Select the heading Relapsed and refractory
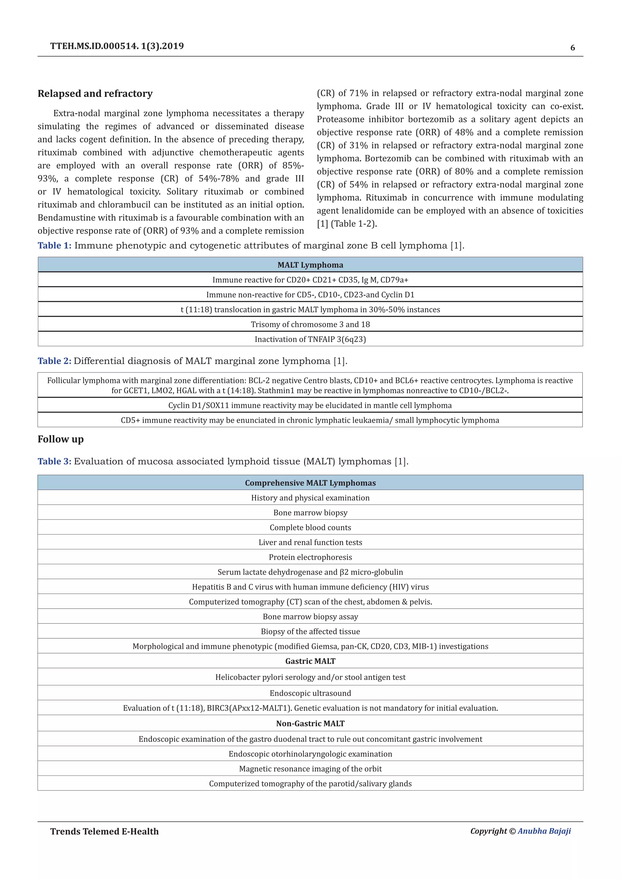95,94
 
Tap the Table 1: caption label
54,246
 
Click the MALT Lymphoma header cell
310,265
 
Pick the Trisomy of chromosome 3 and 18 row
310,324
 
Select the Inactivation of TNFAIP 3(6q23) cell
310,339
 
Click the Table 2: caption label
54,361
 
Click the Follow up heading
60,439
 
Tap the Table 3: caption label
54,461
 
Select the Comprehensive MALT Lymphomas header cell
310,483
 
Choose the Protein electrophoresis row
310,557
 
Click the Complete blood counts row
310,527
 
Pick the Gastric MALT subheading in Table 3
310,661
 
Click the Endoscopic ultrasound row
310,693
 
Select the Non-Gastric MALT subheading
310,724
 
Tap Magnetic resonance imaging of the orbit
310,769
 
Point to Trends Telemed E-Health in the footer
104,832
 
